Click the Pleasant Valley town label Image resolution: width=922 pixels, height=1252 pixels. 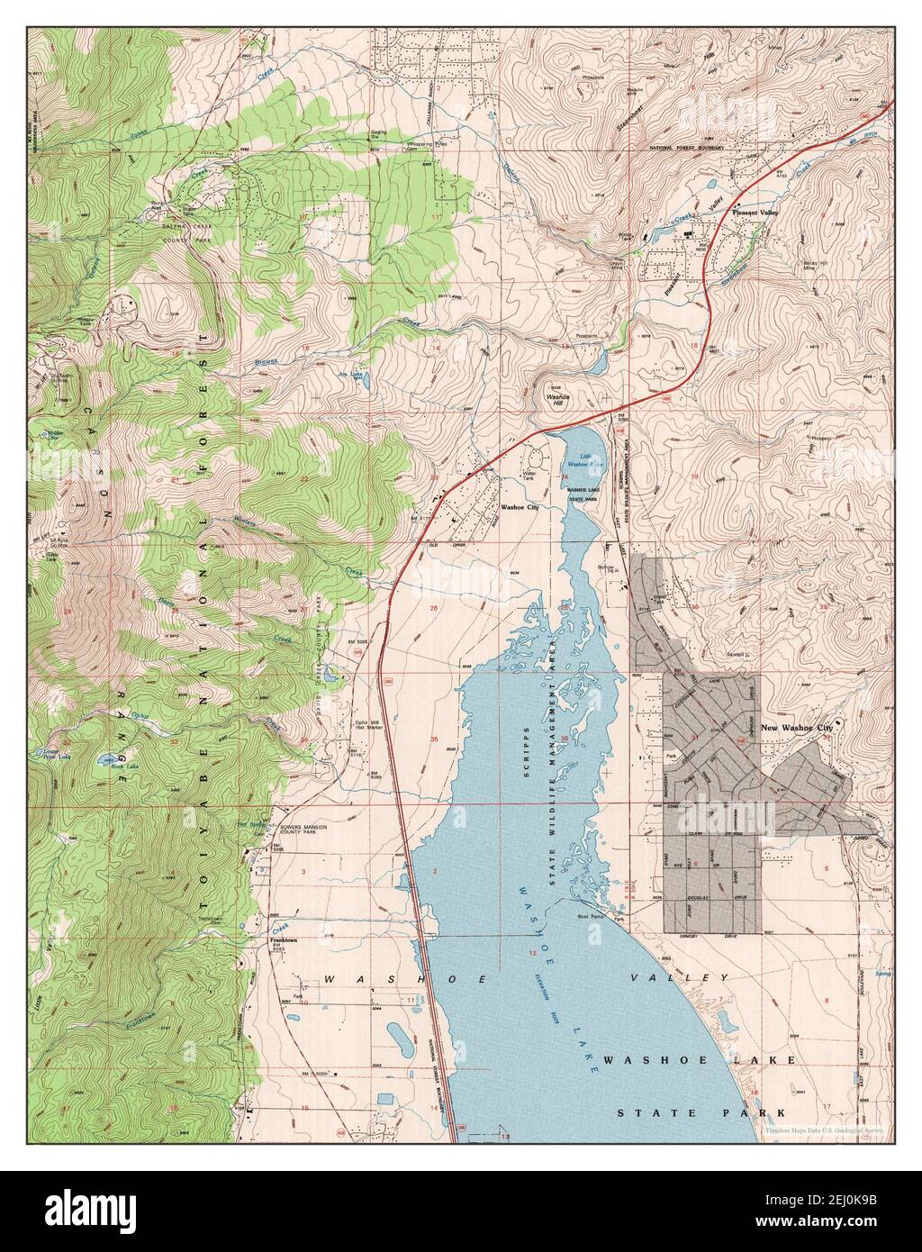coord(754,212)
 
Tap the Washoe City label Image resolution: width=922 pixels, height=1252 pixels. coord(519,507)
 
